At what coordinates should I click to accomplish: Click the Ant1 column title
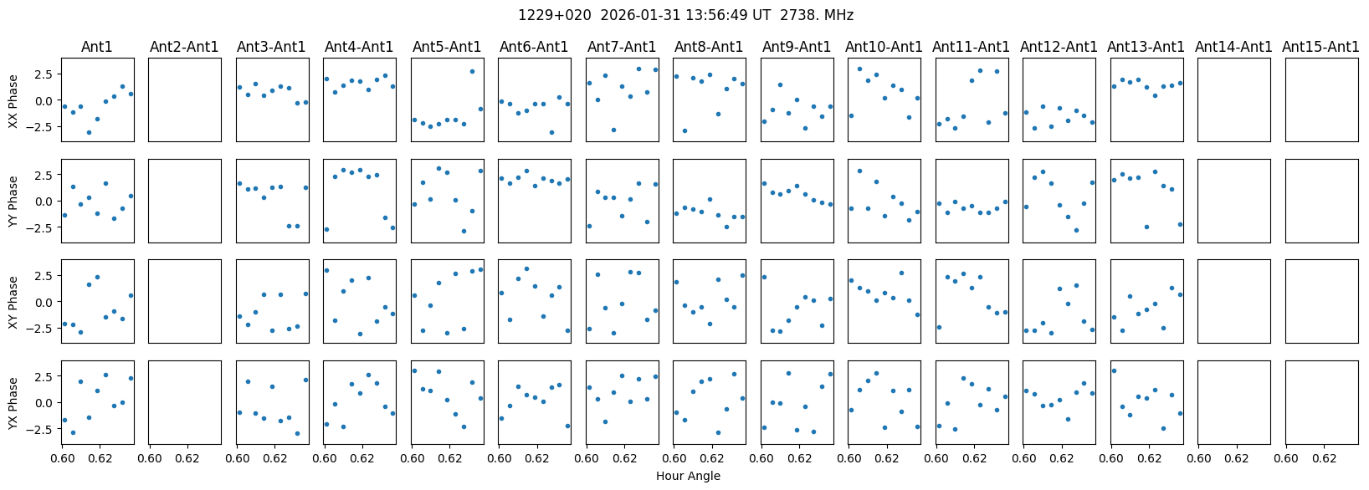click(97, 47)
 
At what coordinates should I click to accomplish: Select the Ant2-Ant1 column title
click(184, 47)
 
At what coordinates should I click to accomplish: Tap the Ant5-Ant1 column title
click(447, 47)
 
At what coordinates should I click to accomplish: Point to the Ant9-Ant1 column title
click(797, 47)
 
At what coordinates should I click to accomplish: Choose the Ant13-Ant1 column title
click(1146, 47)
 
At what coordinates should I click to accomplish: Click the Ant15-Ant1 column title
click(1320, 47)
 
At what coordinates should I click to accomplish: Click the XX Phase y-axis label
click(13, 100)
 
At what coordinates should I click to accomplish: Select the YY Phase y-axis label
click(13, 202)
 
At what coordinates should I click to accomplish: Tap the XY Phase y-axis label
click(13, 302)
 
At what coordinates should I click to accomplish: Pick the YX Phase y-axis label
click(13, 403)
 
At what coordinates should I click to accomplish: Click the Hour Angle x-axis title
click(688, 477)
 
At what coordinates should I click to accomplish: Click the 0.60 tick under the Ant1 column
click(62, 459)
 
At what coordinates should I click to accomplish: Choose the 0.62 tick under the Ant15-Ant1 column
click(1324, 459)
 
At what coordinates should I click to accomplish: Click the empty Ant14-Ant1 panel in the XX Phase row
click(1233, 100)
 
